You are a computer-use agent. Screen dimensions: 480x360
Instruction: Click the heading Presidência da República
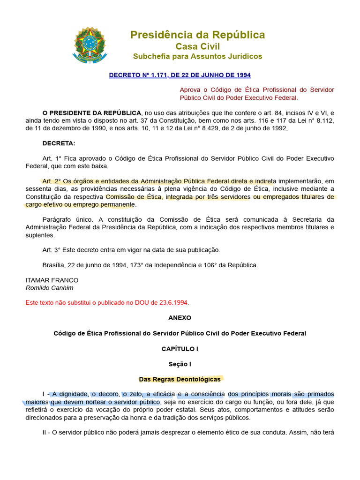[x=197, y=35]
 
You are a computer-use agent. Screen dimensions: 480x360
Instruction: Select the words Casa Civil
[x=197, y=46]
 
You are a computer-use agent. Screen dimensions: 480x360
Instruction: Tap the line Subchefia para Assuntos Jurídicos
[x=197, y=56]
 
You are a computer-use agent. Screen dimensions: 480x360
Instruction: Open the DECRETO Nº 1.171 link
[x=180, y=75]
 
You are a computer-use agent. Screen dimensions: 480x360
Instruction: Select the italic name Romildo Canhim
[x=49, y=288]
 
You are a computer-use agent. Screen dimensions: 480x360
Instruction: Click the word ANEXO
[x=180, y=317]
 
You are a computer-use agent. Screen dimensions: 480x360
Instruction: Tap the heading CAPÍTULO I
[x=180, y=349]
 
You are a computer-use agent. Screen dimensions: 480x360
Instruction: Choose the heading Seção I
[x=180, y=364]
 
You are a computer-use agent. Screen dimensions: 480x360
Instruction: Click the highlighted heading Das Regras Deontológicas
[x=180, y=379]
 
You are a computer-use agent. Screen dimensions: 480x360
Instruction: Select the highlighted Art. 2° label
[x=51, y=181]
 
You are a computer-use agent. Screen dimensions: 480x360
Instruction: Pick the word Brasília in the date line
[x=53, y=265]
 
